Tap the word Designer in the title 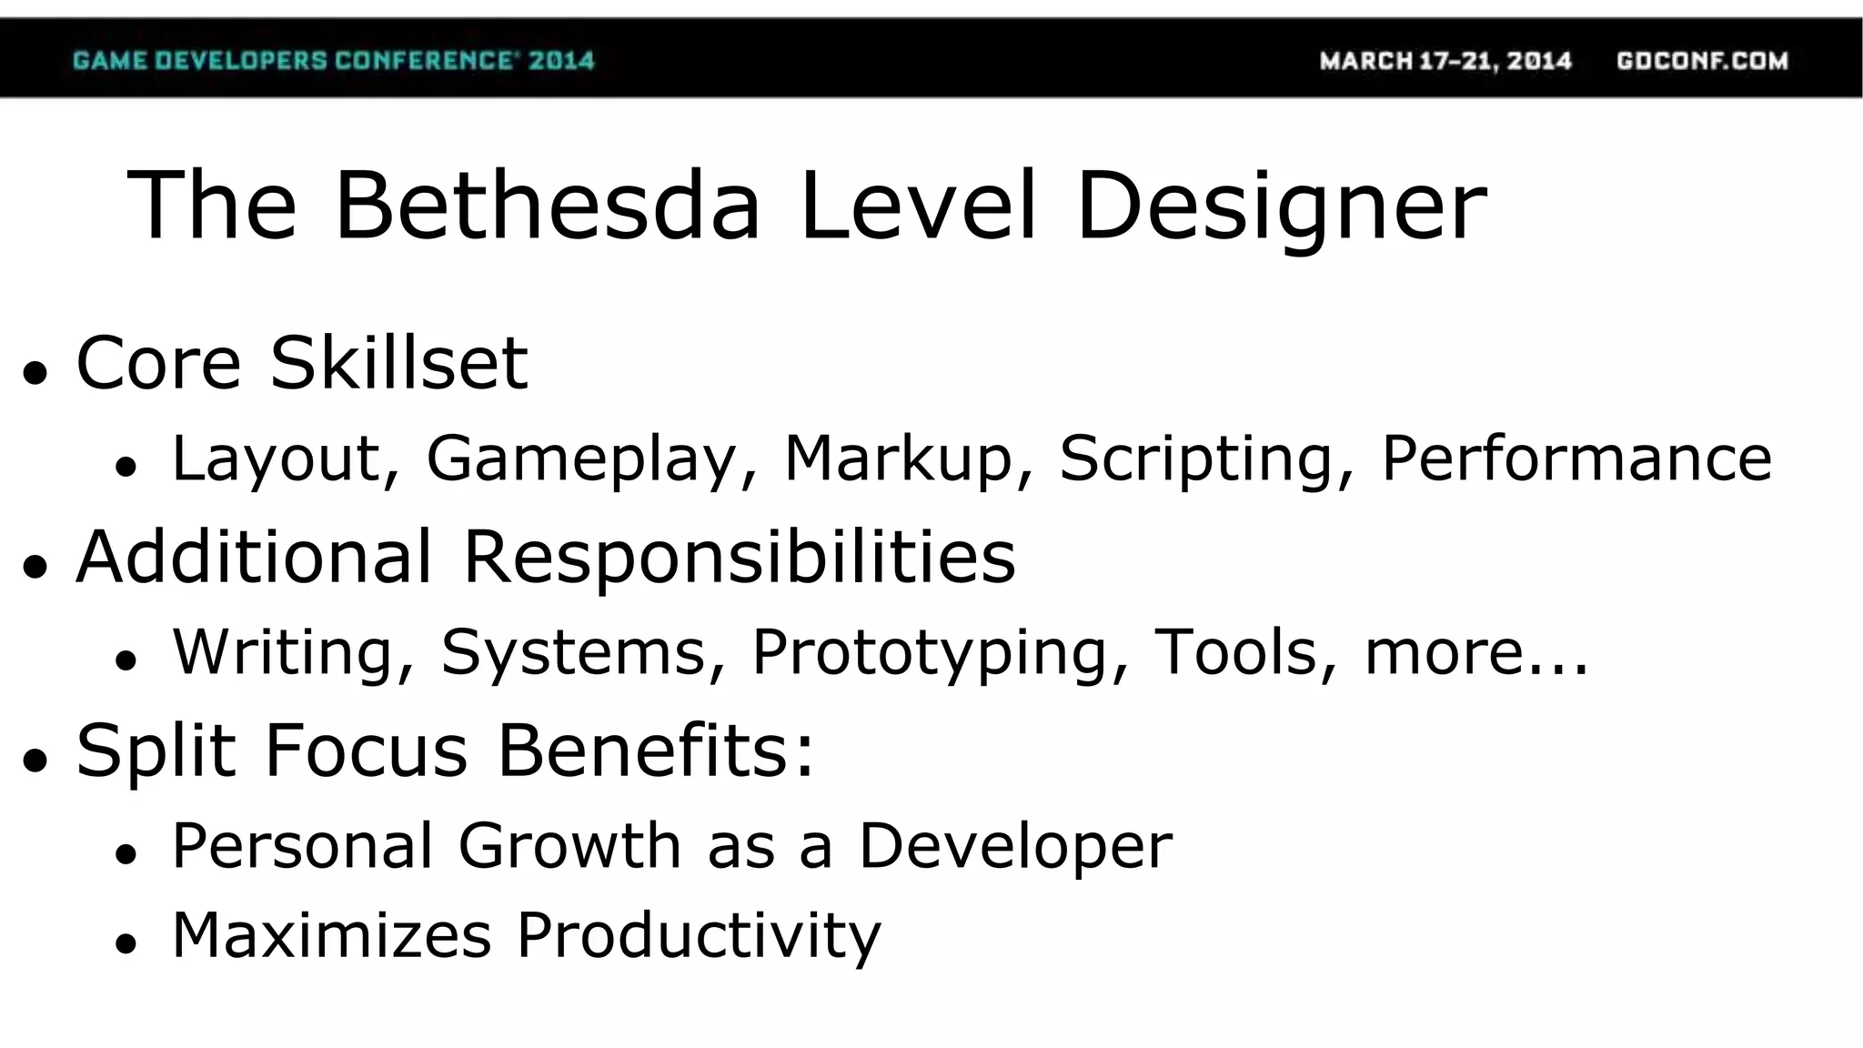pos(1281,207)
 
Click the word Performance pos(1576,458)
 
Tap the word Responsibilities pos(739,557)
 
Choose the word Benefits pos(655,751)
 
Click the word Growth pos(569,846)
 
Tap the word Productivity pos(699,935)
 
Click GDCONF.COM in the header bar pos(1702,61)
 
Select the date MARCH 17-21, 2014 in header pos(1445,61)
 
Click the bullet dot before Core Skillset pos(35,372)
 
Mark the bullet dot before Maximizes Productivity pos(126,943)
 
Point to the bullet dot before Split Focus pos(35,760)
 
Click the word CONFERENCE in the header pos(427,61)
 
